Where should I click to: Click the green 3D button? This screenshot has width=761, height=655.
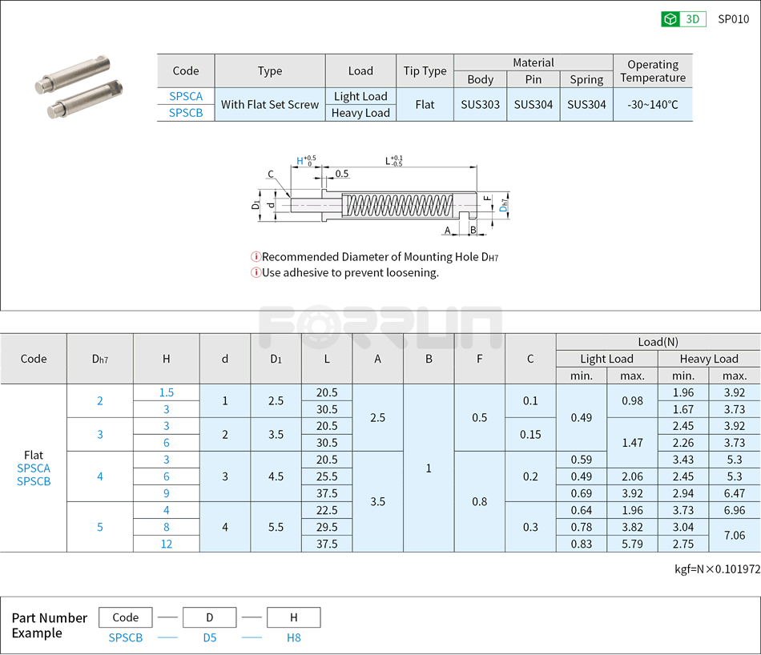tap(683, 19)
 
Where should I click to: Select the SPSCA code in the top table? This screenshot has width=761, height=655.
tap(186, 96)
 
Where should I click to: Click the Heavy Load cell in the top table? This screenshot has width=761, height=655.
tap(360, 113)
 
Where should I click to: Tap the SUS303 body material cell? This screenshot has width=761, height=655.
tap(480, 104)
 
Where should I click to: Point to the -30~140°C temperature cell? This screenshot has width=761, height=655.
tap(652, 104)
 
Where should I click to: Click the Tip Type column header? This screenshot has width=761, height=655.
tap(425, 70)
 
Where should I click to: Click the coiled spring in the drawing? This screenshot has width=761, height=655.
tap(398, 205)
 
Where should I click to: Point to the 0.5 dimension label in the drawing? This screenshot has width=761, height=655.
tap(342, 174)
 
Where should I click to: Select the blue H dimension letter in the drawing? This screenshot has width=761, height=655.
tap(300, 161)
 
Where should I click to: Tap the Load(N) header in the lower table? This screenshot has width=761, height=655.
tap(658, 342)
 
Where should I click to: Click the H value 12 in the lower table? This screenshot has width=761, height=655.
tap(166, 544)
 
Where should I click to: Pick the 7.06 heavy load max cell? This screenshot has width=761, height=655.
tap(734, 535)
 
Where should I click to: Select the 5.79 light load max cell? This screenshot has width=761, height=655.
tap(632, 544)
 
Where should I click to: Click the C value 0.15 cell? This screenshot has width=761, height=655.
tap(529, 434)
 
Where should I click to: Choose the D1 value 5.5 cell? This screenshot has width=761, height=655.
tap(276, 527)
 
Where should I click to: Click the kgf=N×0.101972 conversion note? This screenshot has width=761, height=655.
tap(717, 570)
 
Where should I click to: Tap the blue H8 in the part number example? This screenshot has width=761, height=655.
tap(293, 637)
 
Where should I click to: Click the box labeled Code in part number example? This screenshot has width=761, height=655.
tap(126, 617)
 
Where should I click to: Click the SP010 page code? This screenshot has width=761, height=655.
tap(733, 19)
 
